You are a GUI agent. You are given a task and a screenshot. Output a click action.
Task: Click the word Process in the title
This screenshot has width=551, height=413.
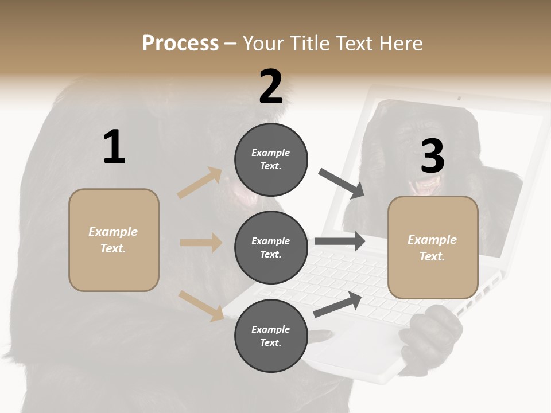pyautogui.click(x=180, y=44)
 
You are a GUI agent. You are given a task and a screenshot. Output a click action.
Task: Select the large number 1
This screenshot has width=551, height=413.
pyautogui.click(x=114, y=147)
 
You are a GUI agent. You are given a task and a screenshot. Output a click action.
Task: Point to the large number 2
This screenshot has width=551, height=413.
pyautogui.click(x=271, y=87)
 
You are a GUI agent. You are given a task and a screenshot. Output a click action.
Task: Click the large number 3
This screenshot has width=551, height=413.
pyautogui.click(x=432, y=156)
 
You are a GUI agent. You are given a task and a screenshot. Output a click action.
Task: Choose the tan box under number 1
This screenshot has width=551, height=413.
pyautogui.click(x=114, y=240)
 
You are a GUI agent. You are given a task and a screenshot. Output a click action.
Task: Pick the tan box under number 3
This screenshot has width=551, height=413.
pyautogui.click(x=433, y=248)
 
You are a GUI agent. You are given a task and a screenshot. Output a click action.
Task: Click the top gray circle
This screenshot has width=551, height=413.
pyautogui.click(x=271, y=159)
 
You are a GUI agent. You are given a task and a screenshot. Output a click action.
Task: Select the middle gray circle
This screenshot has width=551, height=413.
pyautogui.click(x=271, y=247)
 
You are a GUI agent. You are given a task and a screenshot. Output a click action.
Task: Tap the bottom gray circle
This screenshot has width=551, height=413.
pyautogui.click(x=271, y=336)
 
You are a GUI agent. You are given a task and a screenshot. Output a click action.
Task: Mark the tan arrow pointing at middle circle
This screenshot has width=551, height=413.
pyautogui.click(x=201, y=243)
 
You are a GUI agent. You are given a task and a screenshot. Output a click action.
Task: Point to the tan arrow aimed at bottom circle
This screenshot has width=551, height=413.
pyautogui.click(x=201, y=306)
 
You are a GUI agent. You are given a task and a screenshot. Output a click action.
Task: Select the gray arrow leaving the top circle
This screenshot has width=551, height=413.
pyautogui.click(x=342, y=184)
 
